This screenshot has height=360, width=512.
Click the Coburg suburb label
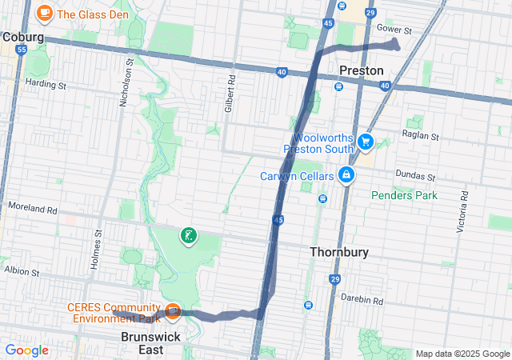coord(22,37)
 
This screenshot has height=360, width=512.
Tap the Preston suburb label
coord(362,70)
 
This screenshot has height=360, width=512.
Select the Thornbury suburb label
coord(339,252)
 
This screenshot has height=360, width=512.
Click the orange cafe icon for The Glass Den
coord(45,14)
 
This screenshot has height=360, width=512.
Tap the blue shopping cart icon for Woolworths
coord(366,142)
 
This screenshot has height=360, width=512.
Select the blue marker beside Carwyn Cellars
coord(346,174)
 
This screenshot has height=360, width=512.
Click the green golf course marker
coord(188,236)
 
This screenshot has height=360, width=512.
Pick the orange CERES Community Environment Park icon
coord(172,310)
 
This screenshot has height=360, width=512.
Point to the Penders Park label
coord(404,194)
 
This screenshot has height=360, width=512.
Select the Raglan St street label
coord(421,136)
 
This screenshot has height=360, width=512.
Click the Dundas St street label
coord(416,176)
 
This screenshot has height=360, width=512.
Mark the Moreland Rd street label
coord(32,210)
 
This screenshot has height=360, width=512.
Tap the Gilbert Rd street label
coord(229,93)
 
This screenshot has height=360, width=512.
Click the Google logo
coord(26,350)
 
